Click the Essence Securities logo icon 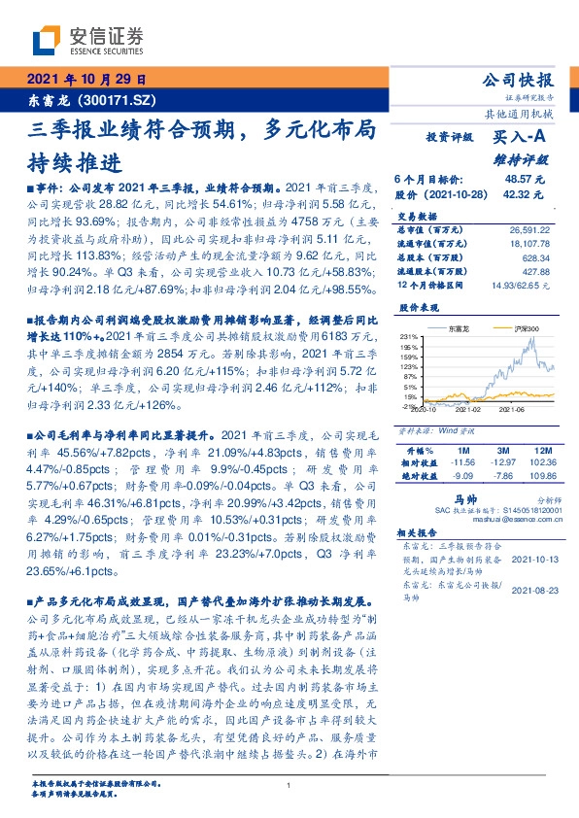point(46,41)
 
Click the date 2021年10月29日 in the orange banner point(85,80)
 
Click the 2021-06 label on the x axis point(512,410)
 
